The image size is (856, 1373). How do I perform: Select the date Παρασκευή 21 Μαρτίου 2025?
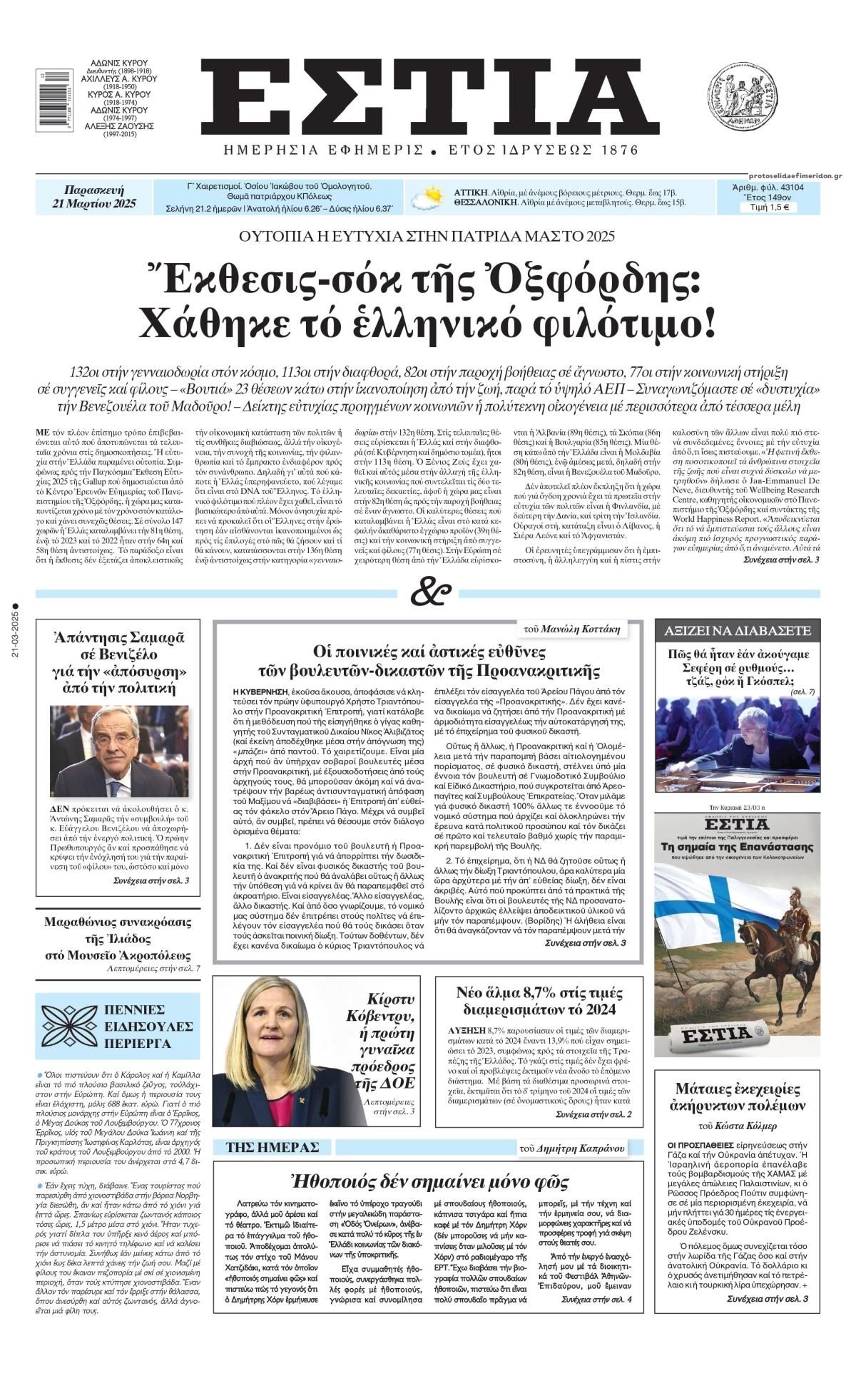click(x=94, y=197)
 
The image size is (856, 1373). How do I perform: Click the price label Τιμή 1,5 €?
click(x=768, y=208)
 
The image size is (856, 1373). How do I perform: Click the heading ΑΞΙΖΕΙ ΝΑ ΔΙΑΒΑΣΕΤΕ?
click(x=738, y=631)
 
